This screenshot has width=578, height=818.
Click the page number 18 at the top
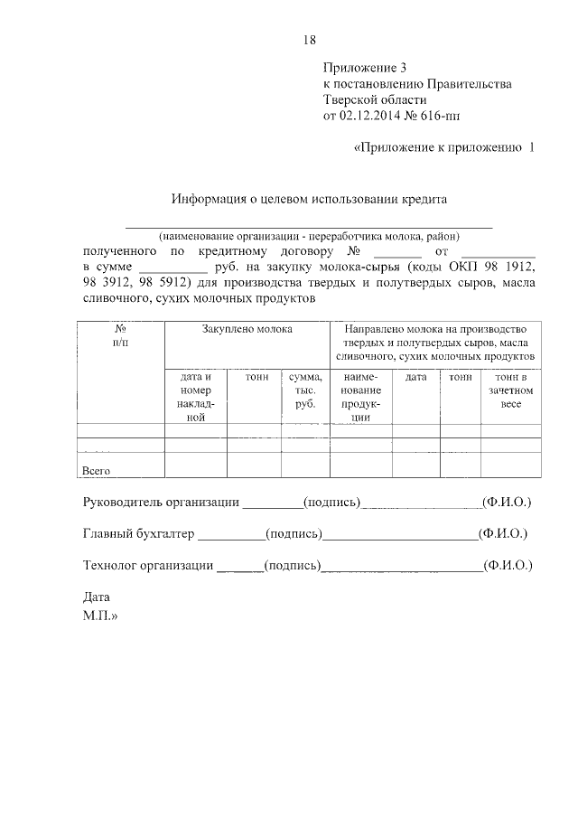pyautogui.click(x=310, y=39)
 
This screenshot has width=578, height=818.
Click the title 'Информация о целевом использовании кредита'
pyautogui.click(x=310, y=198)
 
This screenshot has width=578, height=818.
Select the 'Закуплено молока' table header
pyautogui.click(x=247, y=330)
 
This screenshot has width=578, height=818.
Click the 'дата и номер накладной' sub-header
pyautogui.click(x=195, y=397)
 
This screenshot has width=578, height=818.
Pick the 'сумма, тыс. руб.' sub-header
pyautogui.click(x=305, y=390)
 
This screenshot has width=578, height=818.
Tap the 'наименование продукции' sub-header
pyautogui.click(x=361, y=397)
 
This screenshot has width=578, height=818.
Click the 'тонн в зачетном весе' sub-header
pyautogui.click(x=511, y=390)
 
